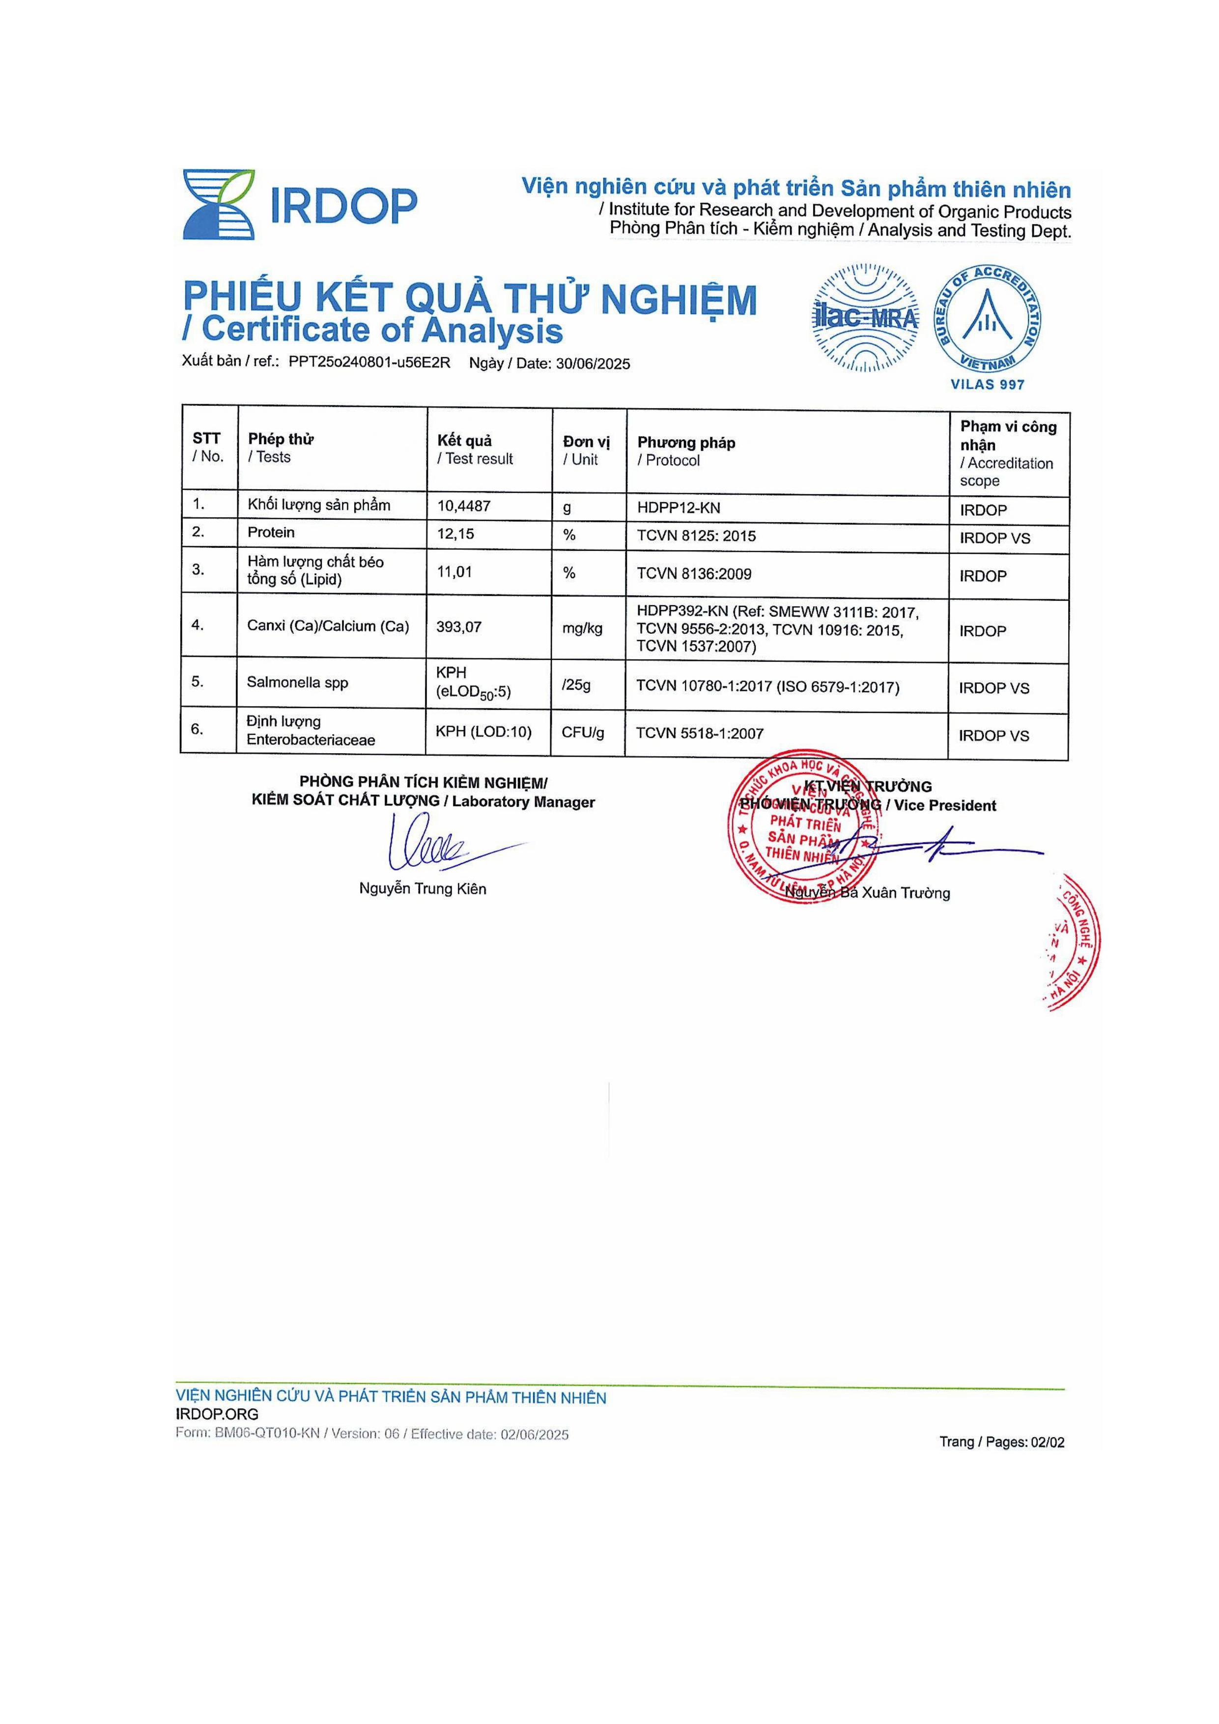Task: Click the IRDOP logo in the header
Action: (x=300, y=204)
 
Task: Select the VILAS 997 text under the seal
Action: (x=987, y=384)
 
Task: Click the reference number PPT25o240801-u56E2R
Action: (x=369, y=363)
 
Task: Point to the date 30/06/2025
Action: (x=593, y=364)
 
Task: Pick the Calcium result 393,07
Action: (x=459, y=626)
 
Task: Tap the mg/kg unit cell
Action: (x=582, y=628)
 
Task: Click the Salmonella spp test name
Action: (x=297, y=682)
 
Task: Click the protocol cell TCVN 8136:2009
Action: (x=694, y=574)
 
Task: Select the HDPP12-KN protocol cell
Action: (x=678, y=509)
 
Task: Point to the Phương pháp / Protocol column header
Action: (x=686, y=452)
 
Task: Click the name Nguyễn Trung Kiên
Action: (x=422, y=889)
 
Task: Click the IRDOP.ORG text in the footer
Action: (x=217, y=1414)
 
